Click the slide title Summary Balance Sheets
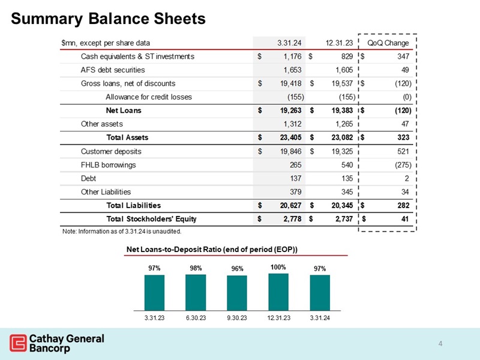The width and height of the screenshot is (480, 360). [108, 19]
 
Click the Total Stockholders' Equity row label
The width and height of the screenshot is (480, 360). [151, 218]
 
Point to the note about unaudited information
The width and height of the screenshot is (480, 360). [121, 231]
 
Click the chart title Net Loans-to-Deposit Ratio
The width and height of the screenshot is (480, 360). [212, 249]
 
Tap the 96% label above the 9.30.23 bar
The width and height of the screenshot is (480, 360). [237, 269]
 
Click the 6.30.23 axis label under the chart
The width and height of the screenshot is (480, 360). [196, 316]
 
